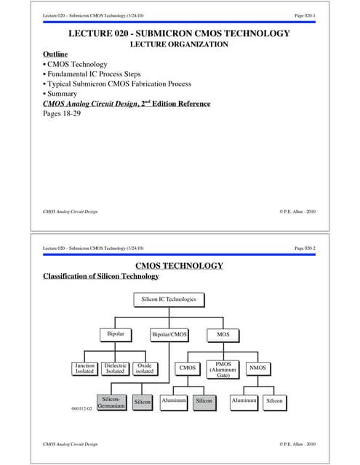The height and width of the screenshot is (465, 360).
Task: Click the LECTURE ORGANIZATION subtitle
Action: pos(179,44)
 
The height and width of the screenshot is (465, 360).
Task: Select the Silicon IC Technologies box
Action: pos(169,299)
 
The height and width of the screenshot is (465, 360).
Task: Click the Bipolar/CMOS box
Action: pos(169,334)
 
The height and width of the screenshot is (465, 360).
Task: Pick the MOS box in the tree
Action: pos(223,334)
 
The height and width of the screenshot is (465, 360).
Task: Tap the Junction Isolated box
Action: pos(85,368)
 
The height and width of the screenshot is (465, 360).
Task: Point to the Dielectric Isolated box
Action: pos(115,368)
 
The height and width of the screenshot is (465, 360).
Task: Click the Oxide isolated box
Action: pos(145,368)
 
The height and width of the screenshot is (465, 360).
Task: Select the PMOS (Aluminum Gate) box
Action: pos(224,368)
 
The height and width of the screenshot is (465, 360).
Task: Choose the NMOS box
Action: pos(257,368)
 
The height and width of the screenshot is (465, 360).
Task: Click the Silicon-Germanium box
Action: pos(111,402)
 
